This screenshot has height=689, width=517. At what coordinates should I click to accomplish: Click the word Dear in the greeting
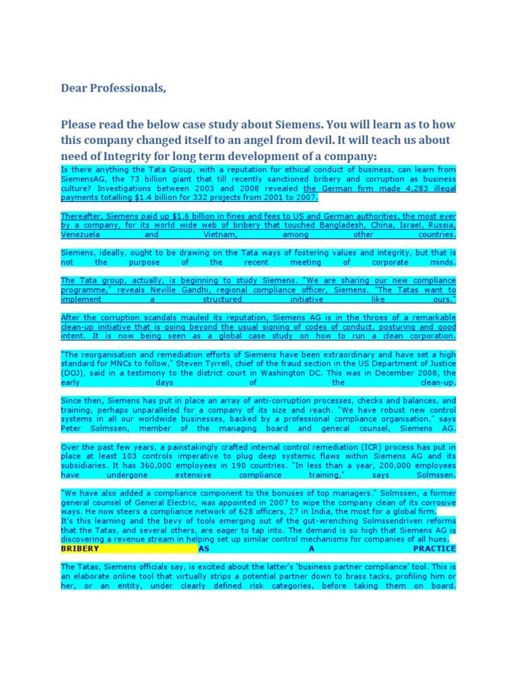pos(73,88)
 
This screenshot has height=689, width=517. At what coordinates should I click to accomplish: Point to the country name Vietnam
pos(220,235)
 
